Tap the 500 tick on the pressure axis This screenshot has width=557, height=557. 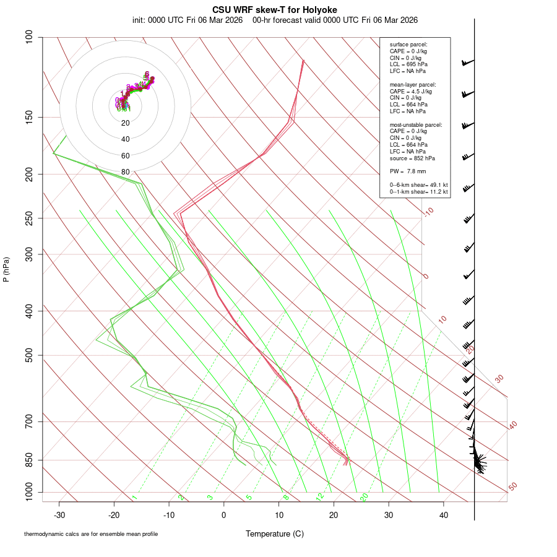(x=28, y=355)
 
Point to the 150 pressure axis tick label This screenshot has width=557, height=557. (x=28, y=117)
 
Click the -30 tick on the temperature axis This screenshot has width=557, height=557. (x=59, y=514)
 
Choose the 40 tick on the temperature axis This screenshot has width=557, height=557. (x=443, y=514)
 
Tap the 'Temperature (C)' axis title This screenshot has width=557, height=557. (x=274, y=533)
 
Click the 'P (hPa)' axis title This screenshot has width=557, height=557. (x=6, y=270)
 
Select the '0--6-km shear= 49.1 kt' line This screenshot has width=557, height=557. (x=418, y=185)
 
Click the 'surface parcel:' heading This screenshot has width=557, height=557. (x=408, y=45)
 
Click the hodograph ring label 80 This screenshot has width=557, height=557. (x=126, y=172)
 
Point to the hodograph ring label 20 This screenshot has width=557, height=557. (x=126, y=123)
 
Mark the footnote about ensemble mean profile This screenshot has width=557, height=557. (x=91, y=533)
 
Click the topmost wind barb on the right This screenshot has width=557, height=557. (x=467, y=63)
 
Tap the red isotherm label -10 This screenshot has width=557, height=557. (x=428, y=212)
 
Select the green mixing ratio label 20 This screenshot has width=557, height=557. (x=365, y=497)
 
